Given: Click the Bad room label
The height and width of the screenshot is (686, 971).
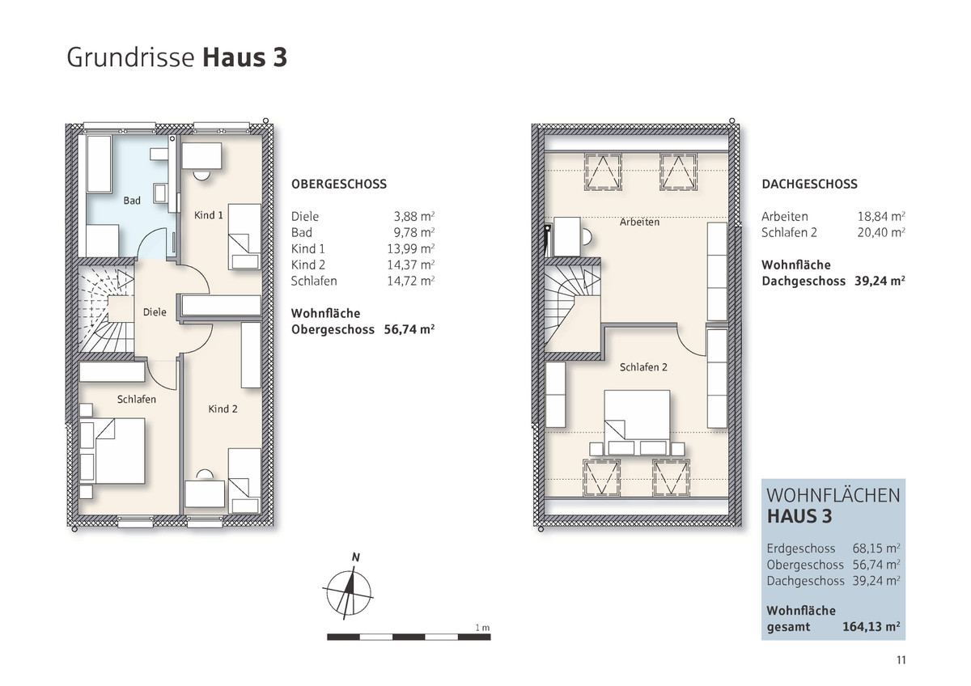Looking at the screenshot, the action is (132, 201).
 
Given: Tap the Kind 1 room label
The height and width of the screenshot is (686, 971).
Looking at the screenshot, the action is (209, 215).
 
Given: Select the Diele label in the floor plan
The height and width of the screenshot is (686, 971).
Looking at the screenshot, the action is (155, 312).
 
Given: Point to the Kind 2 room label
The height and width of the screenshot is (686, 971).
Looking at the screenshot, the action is (223, 409).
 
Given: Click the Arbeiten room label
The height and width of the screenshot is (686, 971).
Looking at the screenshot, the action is (639, 222).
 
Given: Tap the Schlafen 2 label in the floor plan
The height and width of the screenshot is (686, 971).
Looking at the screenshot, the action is (643, 367).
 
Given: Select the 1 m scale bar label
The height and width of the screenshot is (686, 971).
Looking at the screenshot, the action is (482, 628).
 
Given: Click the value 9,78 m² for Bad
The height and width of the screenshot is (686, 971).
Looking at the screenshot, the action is (414, 233).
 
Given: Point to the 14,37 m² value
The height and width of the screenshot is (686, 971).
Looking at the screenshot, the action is (411, 265).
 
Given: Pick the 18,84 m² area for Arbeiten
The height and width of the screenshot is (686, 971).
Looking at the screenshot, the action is (881, 216).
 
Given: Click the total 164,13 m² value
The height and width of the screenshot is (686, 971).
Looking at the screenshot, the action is (871, 627).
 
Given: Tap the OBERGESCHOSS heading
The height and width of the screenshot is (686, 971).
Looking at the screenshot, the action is (339, 184).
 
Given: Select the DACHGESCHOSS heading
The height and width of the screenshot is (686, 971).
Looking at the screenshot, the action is (809, 184).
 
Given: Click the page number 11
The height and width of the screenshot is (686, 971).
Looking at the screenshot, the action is (901, 660).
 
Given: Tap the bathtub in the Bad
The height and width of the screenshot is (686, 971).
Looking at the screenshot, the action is (100, 164).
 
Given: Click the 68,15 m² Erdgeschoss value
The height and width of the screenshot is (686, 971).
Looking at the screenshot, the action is (876, 548).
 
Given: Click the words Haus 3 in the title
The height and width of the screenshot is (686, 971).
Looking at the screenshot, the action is (245, 57).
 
